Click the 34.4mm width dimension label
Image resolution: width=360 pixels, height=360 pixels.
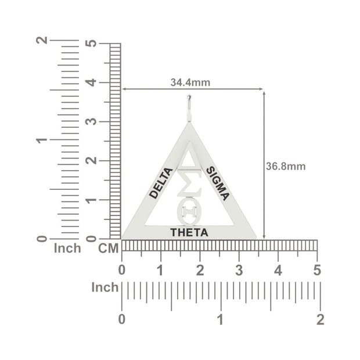click(x=190, y=82)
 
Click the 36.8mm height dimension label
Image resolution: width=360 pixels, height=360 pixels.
click(x=286, y=167)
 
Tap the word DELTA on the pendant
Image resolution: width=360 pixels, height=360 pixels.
click(x=161, y=183)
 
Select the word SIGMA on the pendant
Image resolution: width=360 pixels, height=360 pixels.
click(x=218, y=183)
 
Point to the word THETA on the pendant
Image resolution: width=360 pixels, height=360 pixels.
click(x=189, y=233)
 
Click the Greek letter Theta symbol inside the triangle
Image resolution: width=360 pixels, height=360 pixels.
click(x=189, y=213)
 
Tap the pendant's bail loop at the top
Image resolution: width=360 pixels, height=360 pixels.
click(x=189, y=108)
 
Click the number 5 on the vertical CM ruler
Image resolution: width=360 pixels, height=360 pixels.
click(x=91, y=44)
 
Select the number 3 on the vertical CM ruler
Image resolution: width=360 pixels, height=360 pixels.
click(x=91, y=121)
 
